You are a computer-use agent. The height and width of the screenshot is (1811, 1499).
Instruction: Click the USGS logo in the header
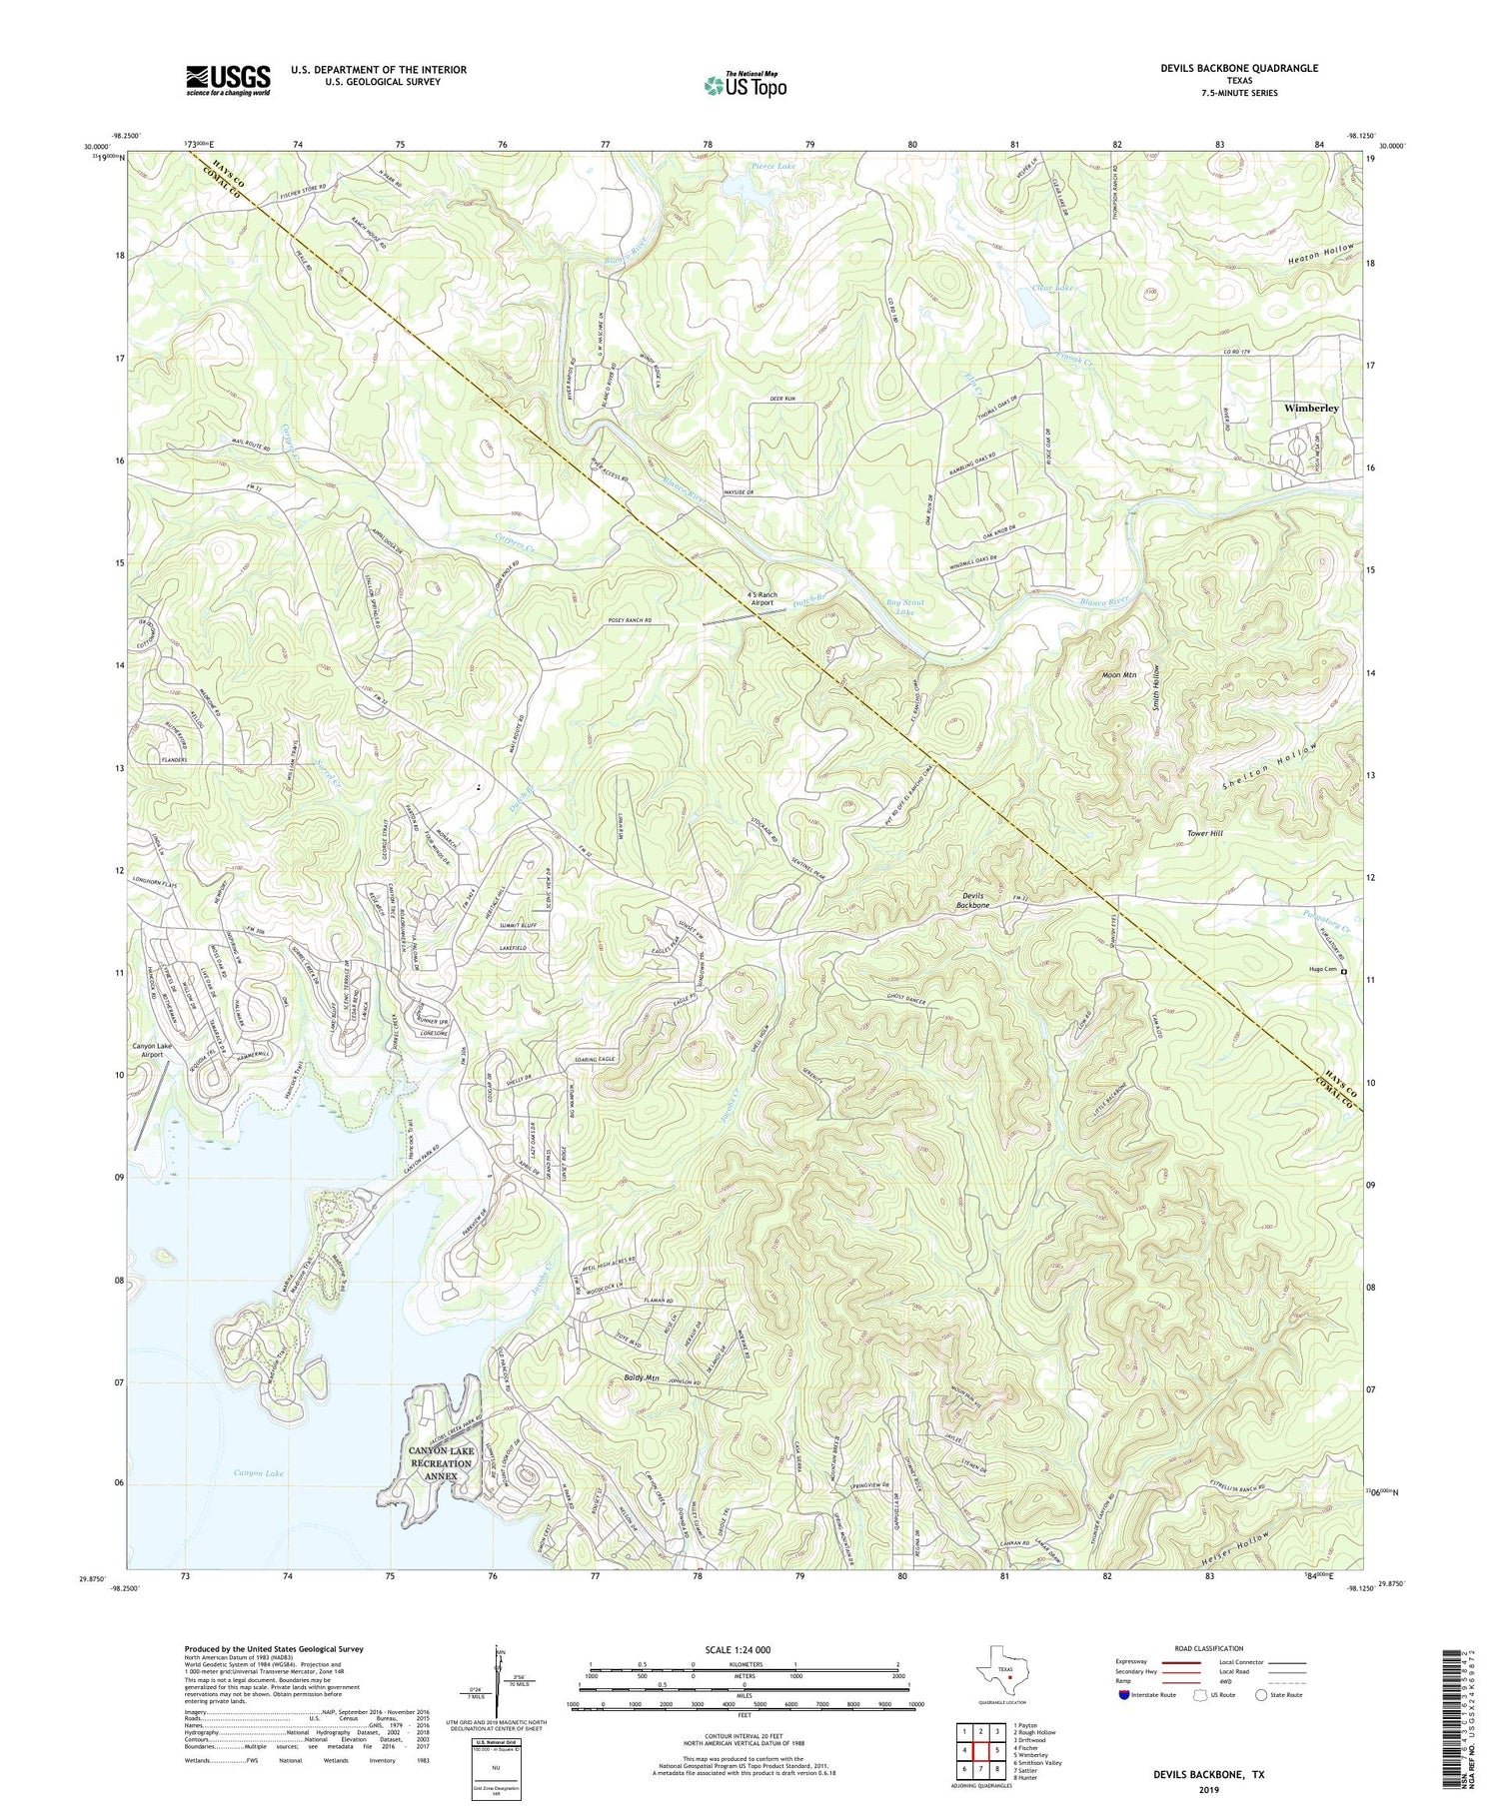[x=228, y=80]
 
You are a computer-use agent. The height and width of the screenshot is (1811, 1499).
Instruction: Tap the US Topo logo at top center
[x=745, y=85]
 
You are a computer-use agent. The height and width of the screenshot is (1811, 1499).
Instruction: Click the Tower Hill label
[x=1204, y=832]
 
